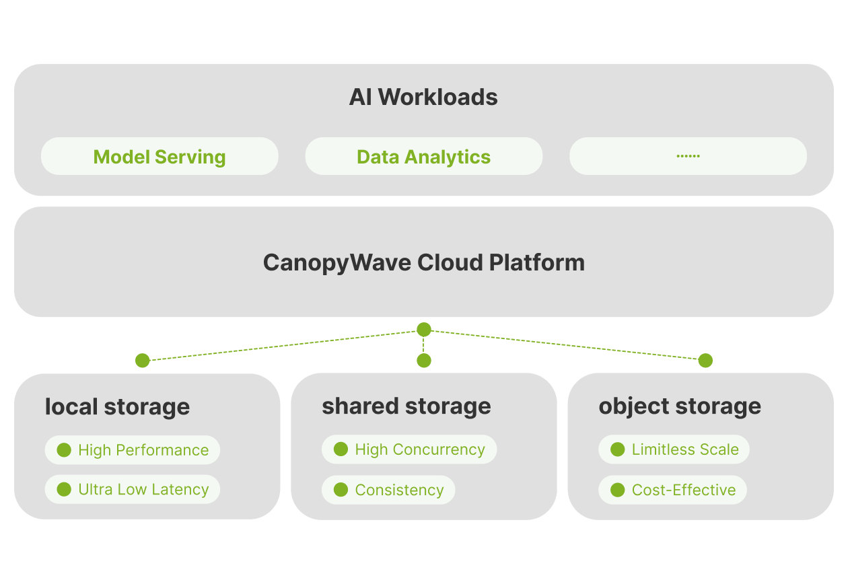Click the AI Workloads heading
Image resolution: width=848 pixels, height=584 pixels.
coord(423,97)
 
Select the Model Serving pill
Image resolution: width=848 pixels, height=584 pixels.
coord(160,157)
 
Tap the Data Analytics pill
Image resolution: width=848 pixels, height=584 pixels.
coord(423,157)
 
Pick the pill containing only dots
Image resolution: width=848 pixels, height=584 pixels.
coord(688,157)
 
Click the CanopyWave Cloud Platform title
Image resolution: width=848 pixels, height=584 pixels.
coord(423,262)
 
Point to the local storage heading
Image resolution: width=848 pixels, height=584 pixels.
coord(117,406)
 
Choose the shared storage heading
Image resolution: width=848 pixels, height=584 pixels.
coord(406,406)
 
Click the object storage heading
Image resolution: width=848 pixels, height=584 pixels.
coord(680,406)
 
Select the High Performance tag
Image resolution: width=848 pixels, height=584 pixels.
coord(133,450)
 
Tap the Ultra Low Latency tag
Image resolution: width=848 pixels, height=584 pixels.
coord(133,489)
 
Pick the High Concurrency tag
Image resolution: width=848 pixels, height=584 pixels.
coord(409,449)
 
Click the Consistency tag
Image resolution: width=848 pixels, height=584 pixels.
coord(388,490)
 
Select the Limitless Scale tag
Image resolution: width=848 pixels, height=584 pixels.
coord(674,449)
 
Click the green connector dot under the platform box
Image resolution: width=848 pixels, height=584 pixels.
coord(423,330)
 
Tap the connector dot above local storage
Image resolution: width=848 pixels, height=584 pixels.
coord(142,361)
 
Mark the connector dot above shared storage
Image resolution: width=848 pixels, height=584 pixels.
coord(423,361)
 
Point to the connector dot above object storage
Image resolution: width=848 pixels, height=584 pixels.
coord(705,361)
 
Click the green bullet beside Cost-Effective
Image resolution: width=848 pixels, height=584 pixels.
coord(617,490)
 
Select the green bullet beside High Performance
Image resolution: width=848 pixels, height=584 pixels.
coord(64,450)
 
